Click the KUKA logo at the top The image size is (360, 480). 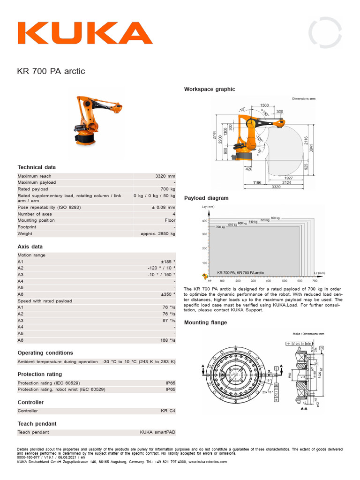[85, 33]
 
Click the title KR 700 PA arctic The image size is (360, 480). [51, 72]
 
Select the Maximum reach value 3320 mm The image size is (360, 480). [165, 176]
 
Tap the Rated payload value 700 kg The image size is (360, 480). [167, 189]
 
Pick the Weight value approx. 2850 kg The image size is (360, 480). [158, 233]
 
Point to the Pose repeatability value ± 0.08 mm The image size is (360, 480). [163, 207]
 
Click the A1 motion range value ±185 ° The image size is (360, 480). [168, 262]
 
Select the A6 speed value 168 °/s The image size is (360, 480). [167, 340]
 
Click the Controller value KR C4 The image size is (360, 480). [168, 411]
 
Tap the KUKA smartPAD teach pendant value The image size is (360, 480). [157, 432]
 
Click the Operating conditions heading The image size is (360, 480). [45, 353]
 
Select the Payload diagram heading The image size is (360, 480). [206, 198]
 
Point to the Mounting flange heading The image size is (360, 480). [205, 322]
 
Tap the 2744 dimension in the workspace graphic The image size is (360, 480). [214, 136]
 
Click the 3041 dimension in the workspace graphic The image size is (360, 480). [311, 147]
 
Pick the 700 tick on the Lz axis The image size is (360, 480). [314, 281]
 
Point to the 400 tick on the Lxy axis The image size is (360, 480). [204, 220]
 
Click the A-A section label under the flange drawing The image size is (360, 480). [303, 409]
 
